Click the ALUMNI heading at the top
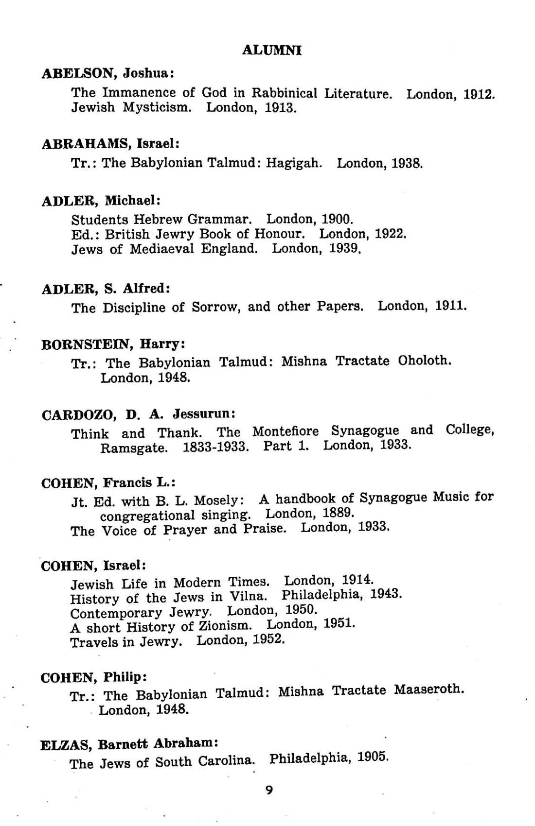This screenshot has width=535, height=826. pyautogui.click(x=271, y=50)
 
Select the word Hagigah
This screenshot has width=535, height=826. pyautogui.click(x=300, y=163)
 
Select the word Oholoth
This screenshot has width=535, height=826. pyautogui.click(x=424, y=361)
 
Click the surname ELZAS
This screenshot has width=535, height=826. pyautogui.click(x=66, y=745)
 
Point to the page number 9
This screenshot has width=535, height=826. pyautogui.click(x=270, y=791)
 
